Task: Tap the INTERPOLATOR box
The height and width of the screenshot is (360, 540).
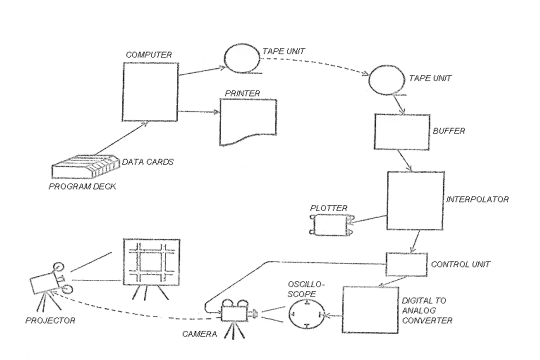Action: pos(415,200)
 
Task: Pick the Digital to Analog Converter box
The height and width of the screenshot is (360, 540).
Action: pos(370,309)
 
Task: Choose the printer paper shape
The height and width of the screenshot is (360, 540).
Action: pos(248,122)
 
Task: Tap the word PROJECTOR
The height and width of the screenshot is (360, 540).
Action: pos(50,320)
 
